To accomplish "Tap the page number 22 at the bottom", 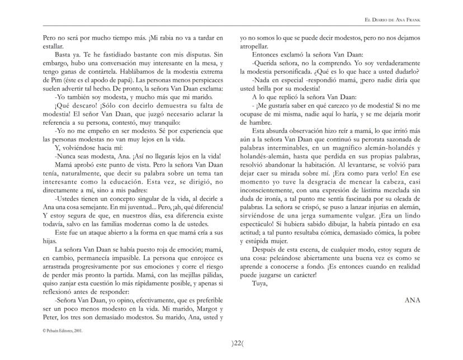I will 232,343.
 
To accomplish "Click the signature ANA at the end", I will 412,300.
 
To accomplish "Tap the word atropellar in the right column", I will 256,48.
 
